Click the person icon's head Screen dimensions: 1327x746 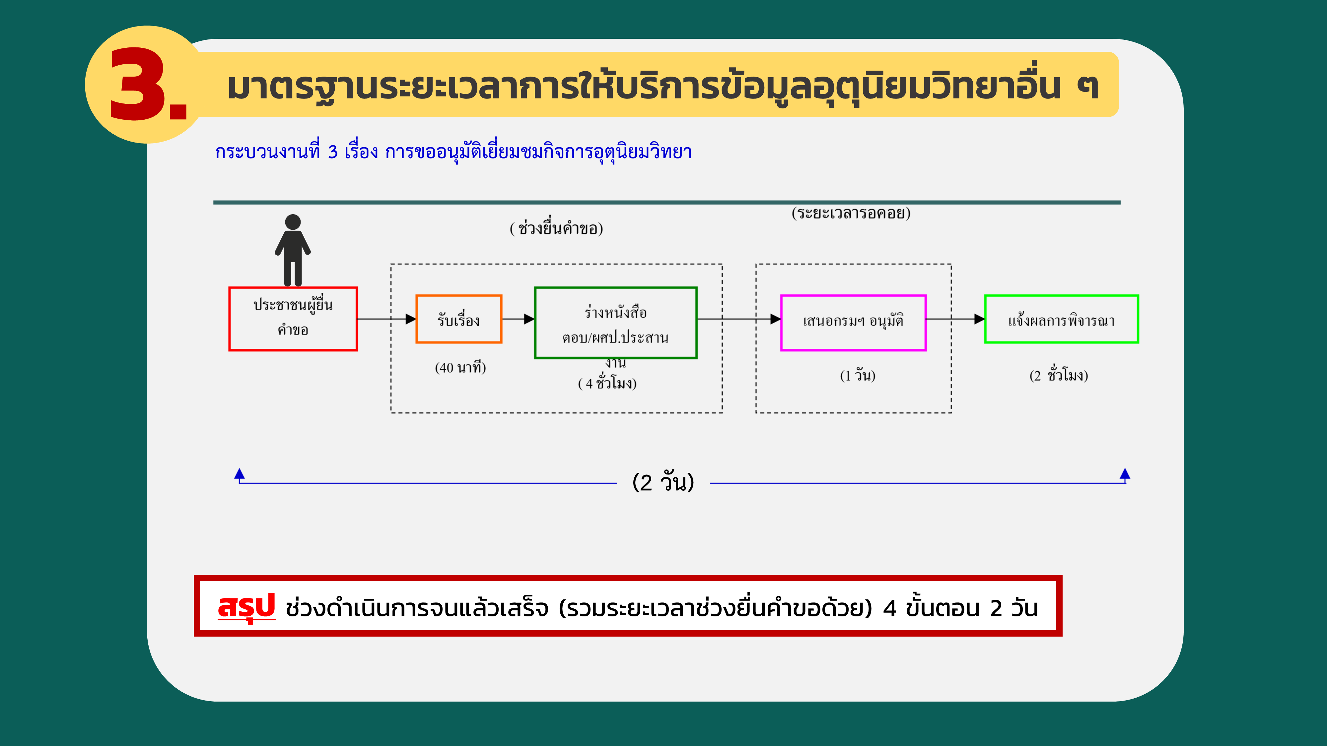293,222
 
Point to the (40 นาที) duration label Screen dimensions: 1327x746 460,368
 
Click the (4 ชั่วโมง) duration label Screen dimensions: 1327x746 607,383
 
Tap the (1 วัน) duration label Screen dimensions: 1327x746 858,375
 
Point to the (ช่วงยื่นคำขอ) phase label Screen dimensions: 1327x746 556,228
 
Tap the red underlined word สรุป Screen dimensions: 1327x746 247,607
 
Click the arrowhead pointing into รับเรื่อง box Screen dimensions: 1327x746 411,319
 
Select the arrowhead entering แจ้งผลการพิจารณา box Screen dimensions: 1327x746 979,319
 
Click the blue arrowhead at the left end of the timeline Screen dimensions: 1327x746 240,474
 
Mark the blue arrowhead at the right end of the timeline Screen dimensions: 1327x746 1125,474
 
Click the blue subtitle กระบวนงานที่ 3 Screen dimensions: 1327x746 276,152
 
